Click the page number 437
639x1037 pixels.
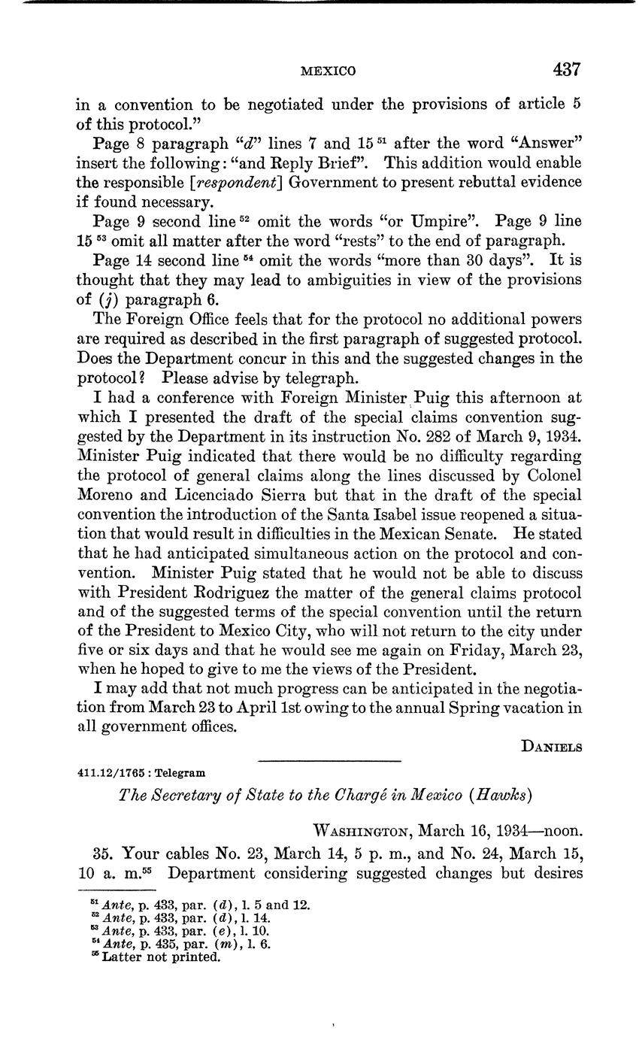pyautogui.click(x=566, y=70)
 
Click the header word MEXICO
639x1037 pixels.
pyautogui.click(x=329, y=71)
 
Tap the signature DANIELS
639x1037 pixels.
pyautogui.click(x=551, y=746)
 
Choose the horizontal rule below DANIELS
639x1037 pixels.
pyautogui.click(x=329, y=761)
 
